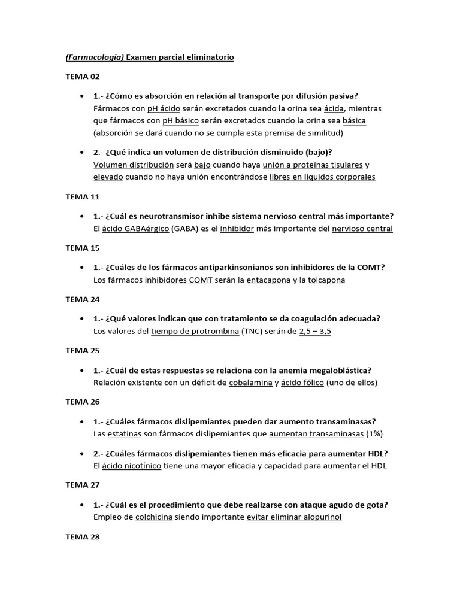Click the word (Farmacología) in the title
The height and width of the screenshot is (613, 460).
93,57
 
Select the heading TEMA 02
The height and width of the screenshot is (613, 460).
83,77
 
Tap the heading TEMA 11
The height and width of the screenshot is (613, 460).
83,196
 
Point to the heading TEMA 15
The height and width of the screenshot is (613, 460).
83,248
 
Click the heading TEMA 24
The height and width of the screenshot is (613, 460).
83,299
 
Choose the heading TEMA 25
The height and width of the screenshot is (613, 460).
83,351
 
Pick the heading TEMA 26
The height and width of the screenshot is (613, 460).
83,402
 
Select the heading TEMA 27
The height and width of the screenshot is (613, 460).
83,485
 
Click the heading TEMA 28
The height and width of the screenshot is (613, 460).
83,536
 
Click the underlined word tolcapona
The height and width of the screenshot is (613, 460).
326,280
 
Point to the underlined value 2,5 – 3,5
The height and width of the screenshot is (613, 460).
315,332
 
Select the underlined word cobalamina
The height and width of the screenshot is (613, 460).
250,383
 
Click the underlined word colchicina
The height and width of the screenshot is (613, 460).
154,517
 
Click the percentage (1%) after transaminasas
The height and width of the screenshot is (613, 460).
373,434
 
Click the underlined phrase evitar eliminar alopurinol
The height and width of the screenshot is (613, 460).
294,517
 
